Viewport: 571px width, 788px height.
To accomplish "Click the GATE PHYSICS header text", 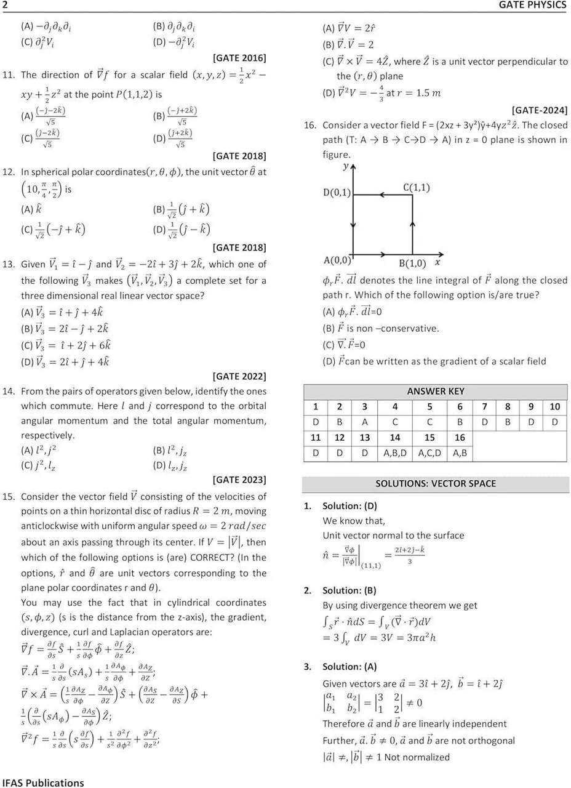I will point(532,6).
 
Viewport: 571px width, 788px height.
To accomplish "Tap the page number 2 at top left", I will point(5,6).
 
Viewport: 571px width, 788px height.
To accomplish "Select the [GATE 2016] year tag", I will point(239,58).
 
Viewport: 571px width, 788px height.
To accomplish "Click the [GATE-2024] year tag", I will point(539,111).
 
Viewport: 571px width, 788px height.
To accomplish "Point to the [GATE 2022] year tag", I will point(239,376).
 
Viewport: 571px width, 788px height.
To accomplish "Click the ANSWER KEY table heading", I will point(436,391).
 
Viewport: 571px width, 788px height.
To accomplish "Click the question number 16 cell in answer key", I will point(460,438).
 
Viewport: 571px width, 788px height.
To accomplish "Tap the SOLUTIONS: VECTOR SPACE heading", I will point(436,483).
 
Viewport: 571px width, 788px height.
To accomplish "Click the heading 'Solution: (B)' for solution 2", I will point(349,590).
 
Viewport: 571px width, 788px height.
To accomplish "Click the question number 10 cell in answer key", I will point(554,406).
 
